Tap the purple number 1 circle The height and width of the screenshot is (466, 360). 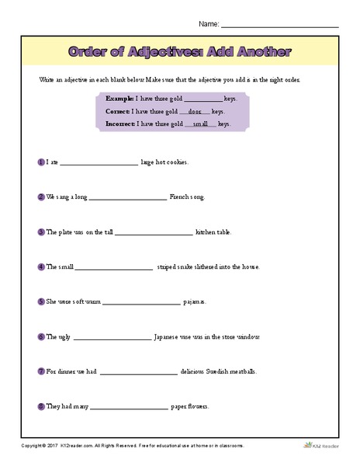(40, 162)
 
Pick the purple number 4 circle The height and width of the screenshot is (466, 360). (40, 266)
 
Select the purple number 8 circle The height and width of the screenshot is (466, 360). (40, 405)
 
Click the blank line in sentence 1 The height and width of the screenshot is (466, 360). (99, 164)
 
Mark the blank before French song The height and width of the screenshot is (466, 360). (128, 199)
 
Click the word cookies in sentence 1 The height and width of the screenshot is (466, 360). (176, 163)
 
